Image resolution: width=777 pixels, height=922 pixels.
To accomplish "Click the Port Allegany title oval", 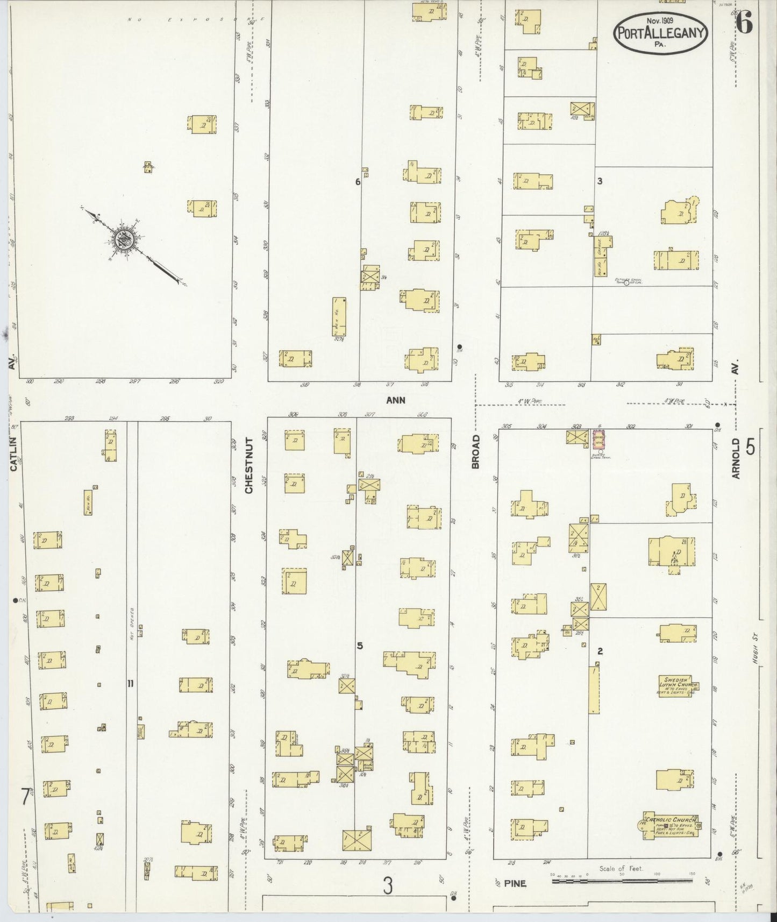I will tap(660, 33).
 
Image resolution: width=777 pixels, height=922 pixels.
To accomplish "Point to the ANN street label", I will tap(395, 400).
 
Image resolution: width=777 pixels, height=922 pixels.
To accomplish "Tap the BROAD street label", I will tap(475, 452).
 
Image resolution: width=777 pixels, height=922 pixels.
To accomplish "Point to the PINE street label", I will tap(515, 883).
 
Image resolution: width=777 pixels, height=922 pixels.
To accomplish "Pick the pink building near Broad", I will tap(597, 439).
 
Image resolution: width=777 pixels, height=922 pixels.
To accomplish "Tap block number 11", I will tap(130, 684).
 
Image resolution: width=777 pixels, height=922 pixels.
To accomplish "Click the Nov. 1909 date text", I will tap(661, 21).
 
